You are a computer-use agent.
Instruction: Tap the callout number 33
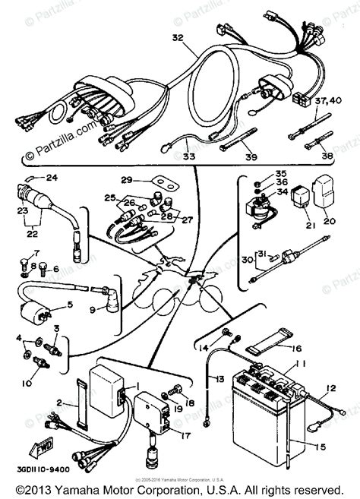(x=188, y=157)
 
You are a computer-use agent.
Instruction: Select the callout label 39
(x=251, y=156)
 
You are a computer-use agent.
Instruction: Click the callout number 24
(x=52, y=178)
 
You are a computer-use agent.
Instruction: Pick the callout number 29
(x=127, y=180)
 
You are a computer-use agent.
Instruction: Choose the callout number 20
(x=329, y=223)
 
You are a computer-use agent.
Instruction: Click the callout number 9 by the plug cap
(x=93, y=310)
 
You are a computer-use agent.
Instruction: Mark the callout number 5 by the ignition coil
(x=71, y=305)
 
